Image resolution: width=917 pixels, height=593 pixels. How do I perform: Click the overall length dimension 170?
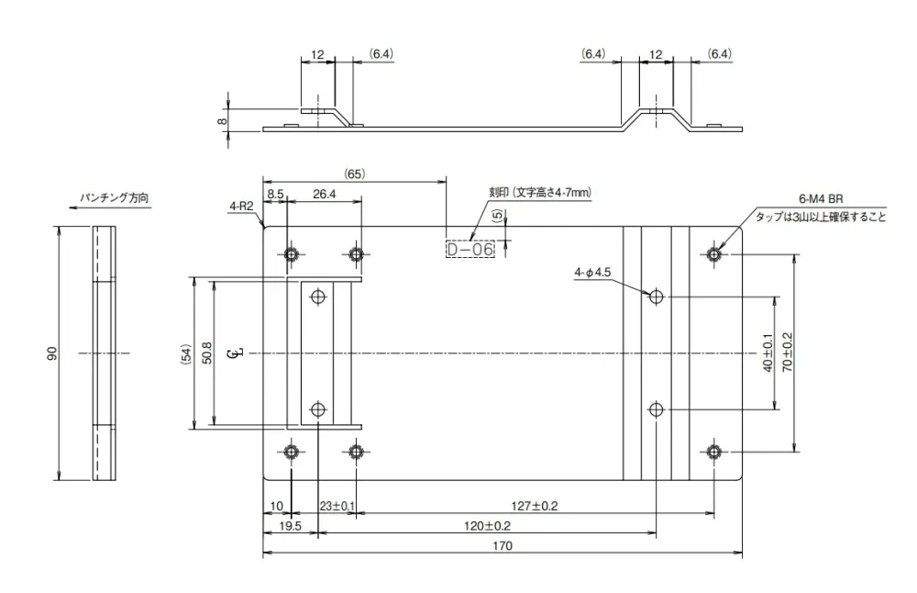tap(502, 545)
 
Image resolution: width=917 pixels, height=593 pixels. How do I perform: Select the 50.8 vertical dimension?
tap(205, 352)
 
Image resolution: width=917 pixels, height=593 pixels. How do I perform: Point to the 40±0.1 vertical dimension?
tap(767, 352)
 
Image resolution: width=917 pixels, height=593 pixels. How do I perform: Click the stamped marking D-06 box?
tap(470, 249)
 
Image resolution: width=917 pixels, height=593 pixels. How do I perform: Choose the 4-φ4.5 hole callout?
tap(592, 272)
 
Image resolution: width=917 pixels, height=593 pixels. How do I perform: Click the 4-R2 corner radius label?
tap(240, 207)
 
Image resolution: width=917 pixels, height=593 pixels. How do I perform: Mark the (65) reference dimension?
tap(355, 173)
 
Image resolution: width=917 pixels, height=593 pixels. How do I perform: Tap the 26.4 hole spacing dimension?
tap(324, 194)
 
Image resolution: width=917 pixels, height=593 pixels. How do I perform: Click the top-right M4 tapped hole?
tap(714, 253)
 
